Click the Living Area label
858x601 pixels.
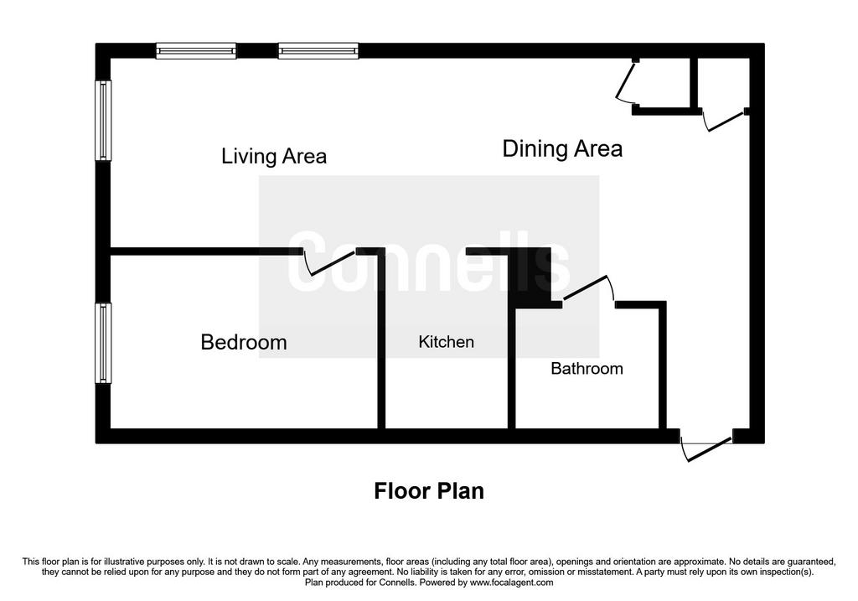[274, 157]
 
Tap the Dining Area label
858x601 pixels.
[562, 149]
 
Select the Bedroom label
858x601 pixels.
[244, 343]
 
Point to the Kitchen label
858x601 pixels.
[446, 342]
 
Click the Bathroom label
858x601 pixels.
[587, 368]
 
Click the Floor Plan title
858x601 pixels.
[429, 491]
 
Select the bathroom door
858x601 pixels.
[589, 289]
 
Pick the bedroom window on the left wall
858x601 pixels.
[103, 343]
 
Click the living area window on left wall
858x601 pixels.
[103, 121]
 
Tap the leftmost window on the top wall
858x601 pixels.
[196, 51]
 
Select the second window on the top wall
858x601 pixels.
[318, 51]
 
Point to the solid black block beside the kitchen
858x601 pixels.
[530, 278]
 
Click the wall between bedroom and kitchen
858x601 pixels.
[381, 339]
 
